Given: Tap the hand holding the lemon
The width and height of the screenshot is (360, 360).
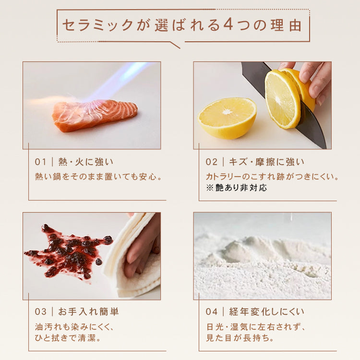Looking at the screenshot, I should [x=314, y=77].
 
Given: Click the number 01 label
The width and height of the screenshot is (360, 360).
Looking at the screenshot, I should [x=41, y=162].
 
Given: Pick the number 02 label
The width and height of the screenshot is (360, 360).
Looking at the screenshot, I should [x=212, y=162].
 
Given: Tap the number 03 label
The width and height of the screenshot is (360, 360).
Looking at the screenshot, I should [x=41, y=312].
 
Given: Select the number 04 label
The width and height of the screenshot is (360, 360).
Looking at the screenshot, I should [x=212, y=312].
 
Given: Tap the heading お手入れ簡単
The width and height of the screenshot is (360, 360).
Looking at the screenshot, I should [x=88, y=312].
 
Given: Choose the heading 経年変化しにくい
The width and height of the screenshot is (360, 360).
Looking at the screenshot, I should [x=266, y=312].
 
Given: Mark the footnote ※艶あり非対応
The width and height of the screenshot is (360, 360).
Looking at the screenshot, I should [x=236, y=188].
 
